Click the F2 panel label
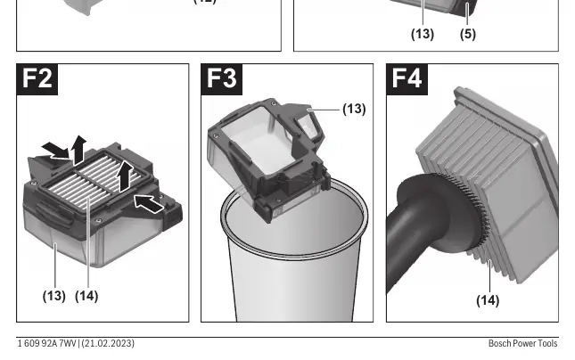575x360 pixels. point(37,79)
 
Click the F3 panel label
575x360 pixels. point(221,79)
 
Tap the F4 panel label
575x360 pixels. point(407,79)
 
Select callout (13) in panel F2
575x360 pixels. point(54,296)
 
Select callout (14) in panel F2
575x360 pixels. point(86,296)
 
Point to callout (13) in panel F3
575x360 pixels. point(354,109)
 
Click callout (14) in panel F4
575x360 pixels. point(488,300)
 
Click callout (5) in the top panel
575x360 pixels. point(468,34)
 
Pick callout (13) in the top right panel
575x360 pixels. point(423,34)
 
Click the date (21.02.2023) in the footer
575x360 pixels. point(108,343)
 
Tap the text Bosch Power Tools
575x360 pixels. point(523,343)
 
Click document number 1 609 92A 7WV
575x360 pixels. point(46,343)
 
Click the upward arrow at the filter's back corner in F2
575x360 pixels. point(79,150)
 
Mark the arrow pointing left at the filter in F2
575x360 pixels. point(149,204)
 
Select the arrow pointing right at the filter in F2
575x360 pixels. point(55,151)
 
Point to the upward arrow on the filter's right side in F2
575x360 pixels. point(125,176)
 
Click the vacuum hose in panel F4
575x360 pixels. point(407,234)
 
